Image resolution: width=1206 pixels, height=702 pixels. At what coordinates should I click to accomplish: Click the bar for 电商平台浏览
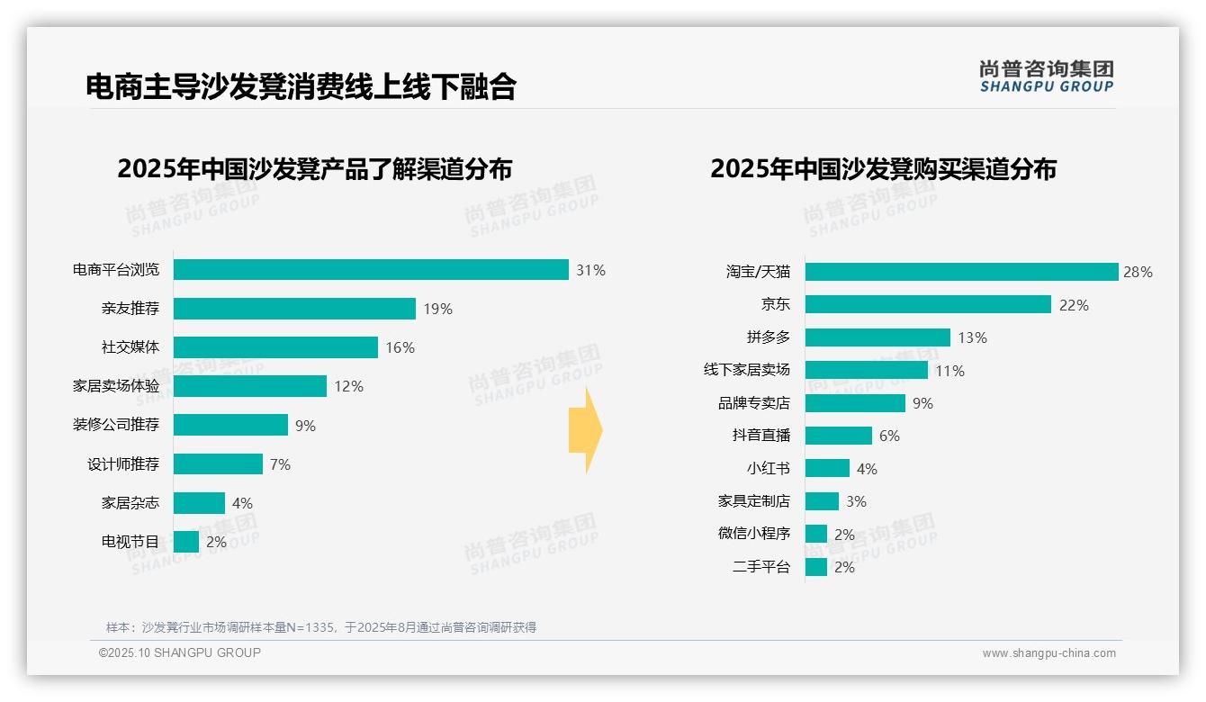tap(371, 270)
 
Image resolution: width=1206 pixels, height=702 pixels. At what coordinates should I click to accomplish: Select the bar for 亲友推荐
tap(294, 309)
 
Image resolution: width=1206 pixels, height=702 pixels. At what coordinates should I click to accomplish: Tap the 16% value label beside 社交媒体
tap(400, 348)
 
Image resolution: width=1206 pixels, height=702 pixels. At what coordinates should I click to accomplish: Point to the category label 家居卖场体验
tap(116, 386)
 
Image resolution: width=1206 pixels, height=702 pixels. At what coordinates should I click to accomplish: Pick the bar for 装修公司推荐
tap(230, 425)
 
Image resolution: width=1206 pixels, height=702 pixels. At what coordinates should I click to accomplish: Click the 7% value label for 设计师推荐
tap(280, 464)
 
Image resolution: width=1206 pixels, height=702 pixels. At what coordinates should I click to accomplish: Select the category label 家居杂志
tap(130, 503)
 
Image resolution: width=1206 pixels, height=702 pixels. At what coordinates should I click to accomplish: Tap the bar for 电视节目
tap(186, 542)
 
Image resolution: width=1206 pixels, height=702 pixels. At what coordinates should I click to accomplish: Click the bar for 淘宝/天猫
tap(961, 272)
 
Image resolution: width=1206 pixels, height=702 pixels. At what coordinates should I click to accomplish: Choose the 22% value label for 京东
tap(1074, 305)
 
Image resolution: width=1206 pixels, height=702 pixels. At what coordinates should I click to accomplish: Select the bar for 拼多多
tap(877, 337)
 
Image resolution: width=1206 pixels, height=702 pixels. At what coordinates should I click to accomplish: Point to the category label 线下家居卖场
tap(747, 370)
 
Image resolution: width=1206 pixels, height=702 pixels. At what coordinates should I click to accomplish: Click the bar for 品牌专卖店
tap(855, 403)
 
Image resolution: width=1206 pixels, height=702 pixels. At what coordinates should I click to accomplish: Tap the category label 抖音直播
tap(761, 436)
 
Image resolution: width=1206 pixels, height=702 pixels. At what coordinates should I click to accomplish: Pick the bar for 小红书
tap(827, 468)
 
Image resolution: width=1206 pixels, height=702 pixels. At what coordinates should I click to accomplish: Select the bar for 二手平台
tap(816, 567)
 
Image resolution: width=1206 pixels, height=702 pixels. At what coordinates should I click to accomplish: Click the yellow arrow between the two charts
tap(585, 430)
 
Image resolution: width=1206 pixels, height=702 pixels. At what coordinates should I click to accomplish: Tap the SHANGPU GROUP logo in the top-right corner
tap(1046, 76)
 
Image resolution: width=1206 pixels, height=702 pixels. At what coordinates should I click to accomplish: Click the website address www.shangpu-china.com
tap(1048, 653)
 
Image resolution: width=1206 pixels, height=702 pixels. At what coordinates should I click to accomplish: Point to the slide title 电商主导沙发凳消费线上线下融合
tap(301, 86)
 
